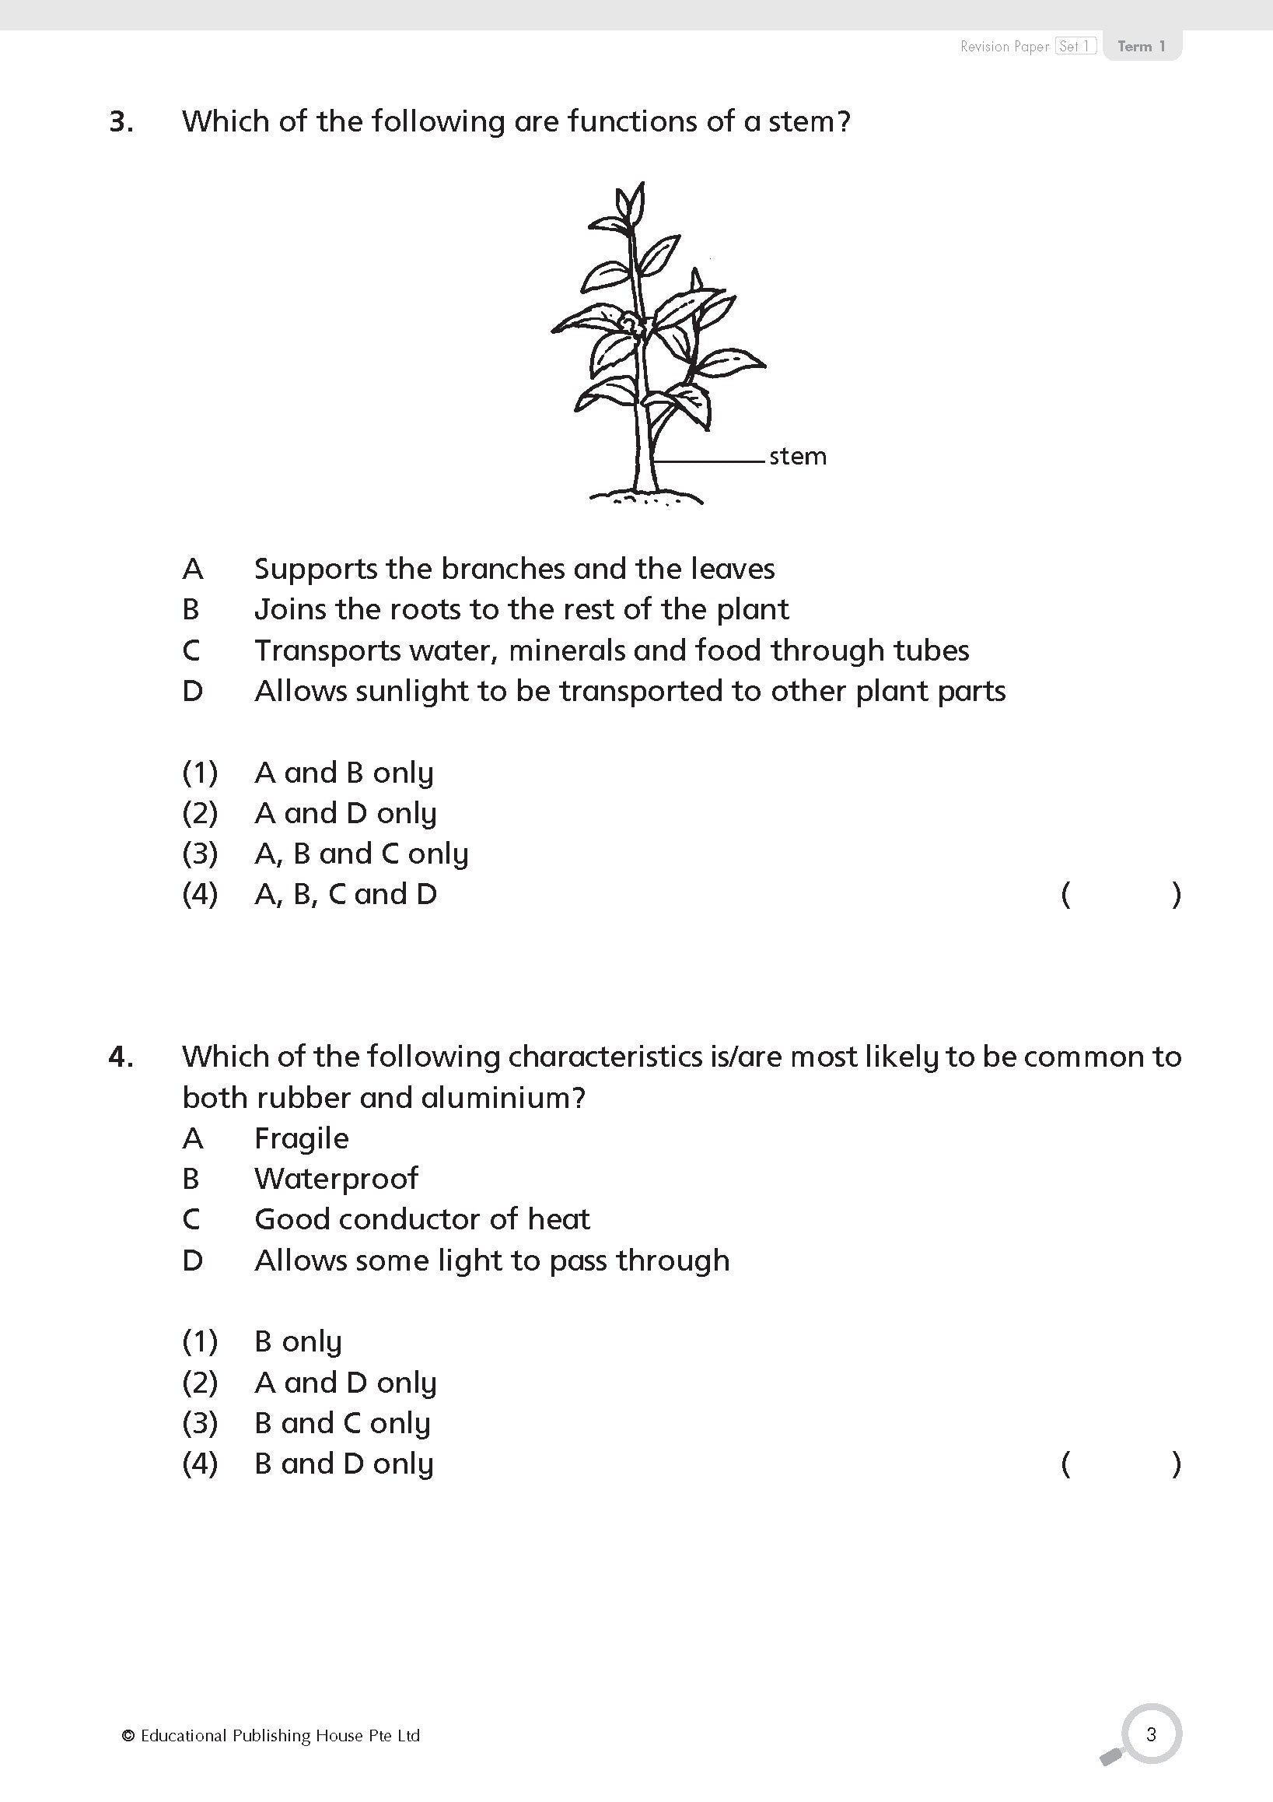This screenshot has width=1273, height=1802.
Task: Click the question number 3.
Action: pyautogui.click(x=121, y=122)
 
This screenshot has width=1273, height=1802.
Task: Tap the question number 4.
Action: pyautogui.click(x=120, y=1057)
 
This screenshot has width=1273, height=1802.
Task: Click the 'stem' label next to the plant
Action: pyautogui.click(x=797, y=457)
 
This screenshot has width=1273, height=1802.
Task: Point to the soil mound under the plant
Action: pyautogui.click(x=646, y=497)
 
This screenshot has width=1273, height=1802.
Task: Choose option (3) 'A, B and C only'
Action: pyautogui.click(x=361, y=854)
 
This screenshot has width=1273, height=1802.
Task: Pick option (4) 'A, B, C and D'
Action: pyautogui.click(x=345, y=895)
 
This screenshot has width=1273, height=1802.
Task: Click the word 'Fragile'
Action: pyautogui.click(x=301, y=1139)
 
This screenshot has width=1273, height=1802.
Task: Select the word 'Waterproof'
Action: pyautogui.click(x=336, y=1179)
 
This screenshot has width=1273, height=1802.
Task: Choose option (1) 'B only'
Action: pyautogui.click(x=298, y=1342)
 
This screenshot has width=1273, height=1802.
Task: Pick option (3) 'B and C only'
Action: pyautogui.click(x=342, y=1424)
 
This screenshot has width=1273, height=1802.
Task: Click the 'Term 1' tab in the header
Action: pyautogui.click(x=1142, y=47)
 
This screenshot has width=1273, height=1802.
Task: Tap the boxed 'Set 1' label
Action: pyautogui.click(x=1075, y=47)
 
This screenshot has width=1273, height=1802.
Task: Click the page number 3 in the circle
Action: pyautogui.click(x=1151, y=1734)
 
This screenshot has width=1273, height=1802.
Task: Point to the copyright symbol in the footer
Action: pyautogui.click(x=128, y=1736)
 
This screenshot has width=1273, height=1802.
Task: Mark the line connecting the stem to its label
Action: pyautogui.click(x=710, y=461)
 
